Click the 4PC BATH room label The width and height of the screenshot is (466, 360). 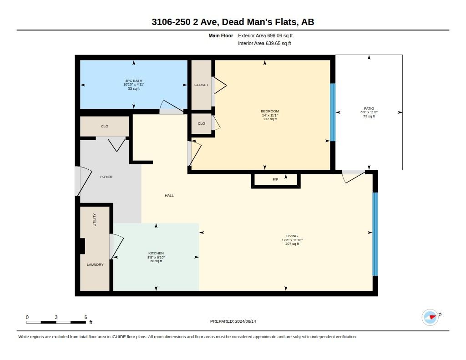pos(134,81)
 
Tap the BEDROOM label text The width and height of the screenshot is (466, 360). pos(270,111)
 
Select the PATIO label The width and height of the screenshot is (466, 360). pos(369,108)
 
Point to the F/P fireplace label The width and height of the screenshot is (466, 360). pos(275,180)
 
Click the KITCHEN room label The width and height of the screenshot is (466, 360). pos(156,254)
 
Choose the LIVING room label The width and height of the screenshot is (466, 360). pos(292,236)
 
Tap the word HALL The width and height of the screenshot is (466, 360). pos(169,195)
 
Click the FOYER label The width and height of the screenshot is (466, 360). pos(106,177)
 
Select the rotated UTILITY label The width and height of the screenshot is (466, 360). pos(95,220)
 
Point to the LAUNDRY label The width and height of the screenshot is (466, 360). pos(95,264)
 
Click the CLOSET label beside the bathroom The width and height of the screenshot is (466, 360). pos(201,85)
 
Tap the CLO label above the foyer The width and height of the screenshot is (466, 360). pos(105,127)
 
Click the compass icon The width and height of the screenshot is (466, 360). pos(431,317)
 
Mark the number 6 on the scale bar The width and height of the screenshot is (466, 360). pos(86,317)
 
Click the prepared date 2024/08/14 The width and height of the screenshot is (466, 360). pos(245,321)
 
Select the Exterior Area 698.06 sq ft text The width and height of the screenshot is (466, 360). pos(265,35)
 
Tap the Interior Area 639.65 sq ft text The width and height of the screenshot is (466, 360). pos(264,43)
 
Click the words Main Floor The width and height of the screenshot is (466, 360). pos(221,35)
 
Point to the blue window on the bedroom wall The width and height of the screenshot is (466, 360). pos(333,112)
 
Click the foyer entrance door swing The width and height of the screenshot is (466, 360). pos(83,181)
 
